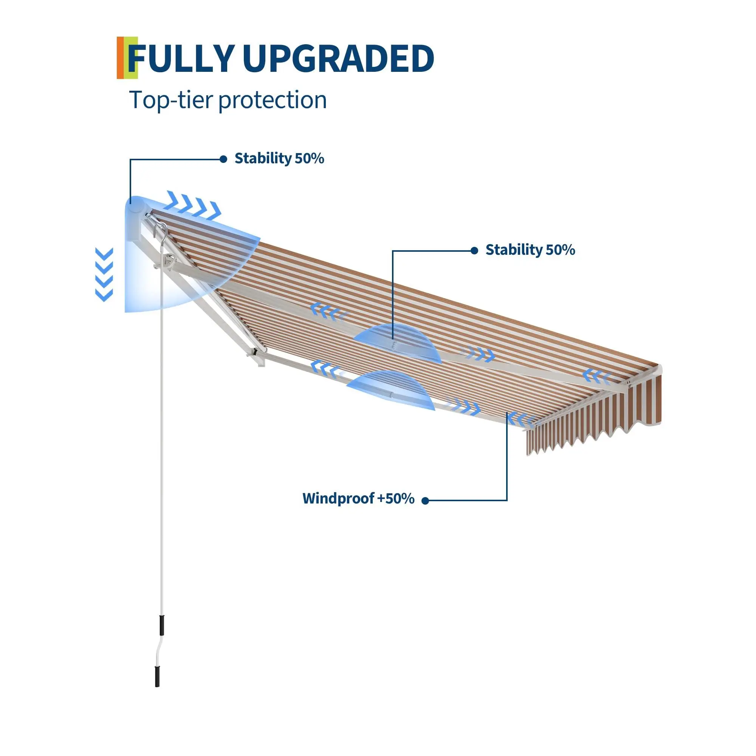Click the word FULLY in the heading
pyautogui.click(x=181, y=59)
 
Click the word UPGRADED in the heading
pyautogui.click(x=338, y=59)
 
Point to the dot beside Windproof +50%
pyautogui.click(x=426, y=501)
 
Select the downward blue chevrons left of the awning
pyautogui.click(x=104, y=275)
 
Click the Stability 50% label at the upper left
pyautogui.click(x=279, y=158)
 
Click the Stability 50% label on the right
pyautogui.click(x=530, y=250)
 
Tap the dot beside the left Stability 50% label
pyautogui.click(x=223, y=159)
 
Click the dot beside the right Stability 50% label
pyautogui.click(x=474, y=251)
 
